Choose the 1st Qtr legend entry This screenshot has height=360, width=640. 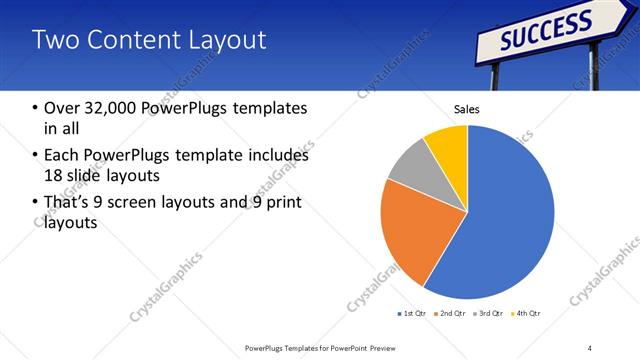click(x=411, y=314)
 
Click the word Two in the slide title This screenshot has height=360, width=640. click(x=54, y=40)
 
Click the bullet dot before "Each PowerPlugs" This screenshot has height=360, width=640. click(x=36, y=156)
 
